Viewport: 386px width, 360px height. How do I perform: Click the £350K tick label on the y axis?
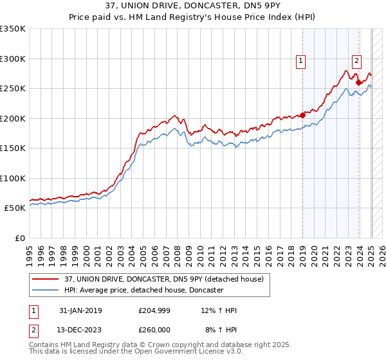click(13, 29)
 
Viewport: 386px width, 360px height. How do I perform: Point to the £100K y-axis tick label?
click(13, 178)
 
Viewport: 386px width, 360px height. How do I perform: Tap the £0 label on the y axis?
click(20, 238)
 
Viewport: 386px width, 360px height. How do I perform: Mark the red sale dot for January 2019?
click(302, 116)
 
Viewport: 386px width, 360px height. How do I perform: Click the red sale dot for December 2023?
click(358, 83)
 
